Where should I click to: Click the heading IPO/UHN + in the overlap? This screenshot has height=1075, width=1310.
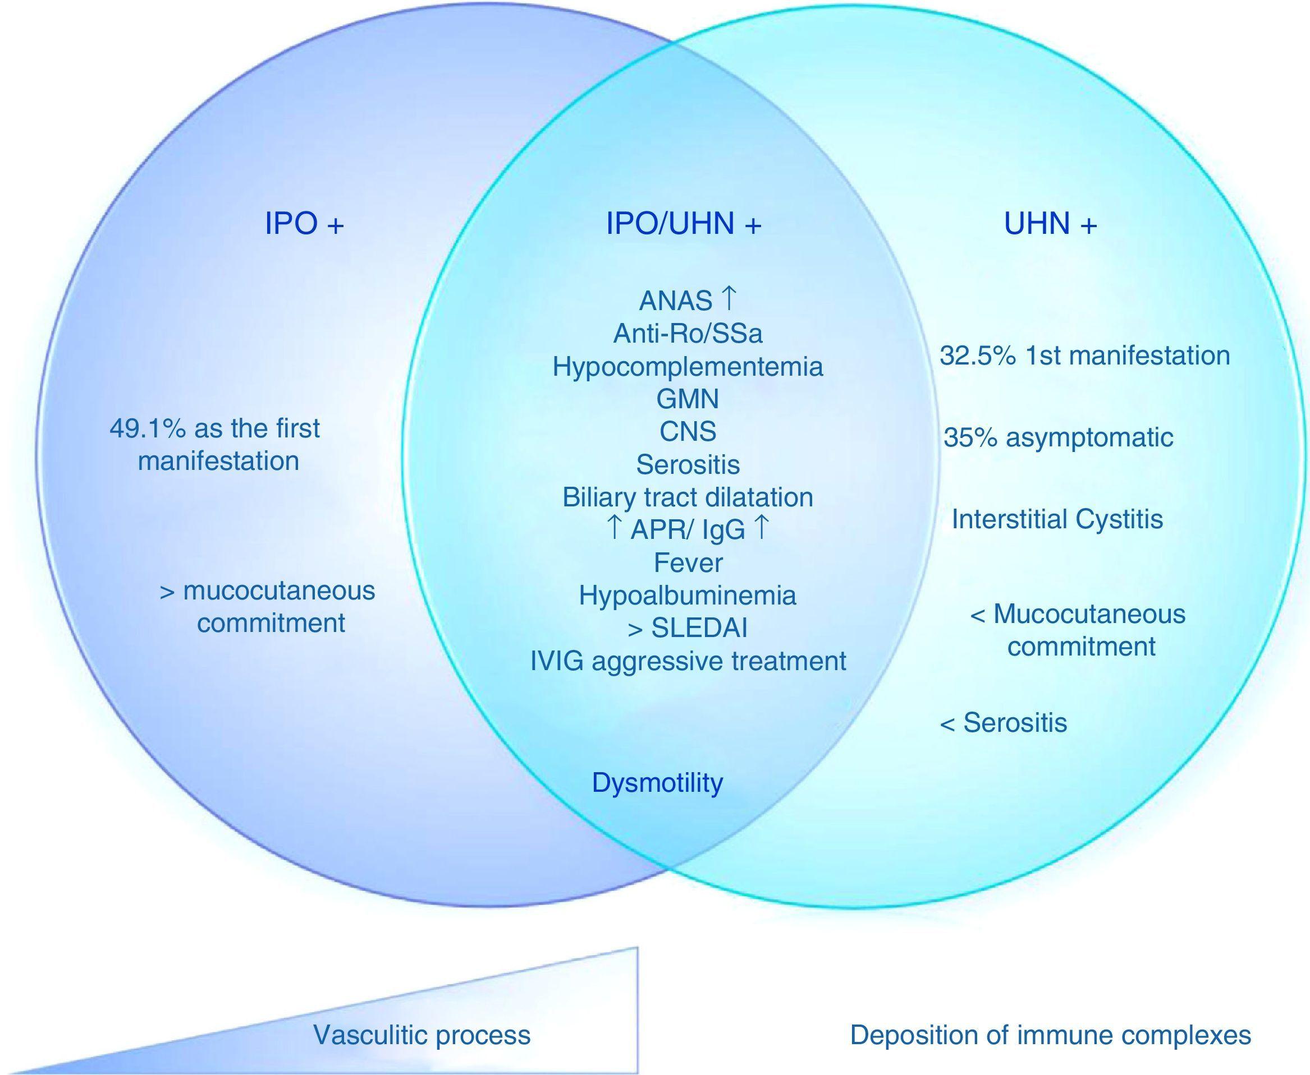[x=683, y=224]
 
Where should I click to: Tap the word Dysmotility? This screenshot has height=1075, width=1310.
[x=657, y=783]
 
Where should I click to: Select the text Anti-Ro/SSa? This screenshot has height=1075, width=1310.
[x=688, y=334]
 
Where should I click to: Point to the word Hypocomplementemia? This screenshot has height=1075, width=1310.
[x=688, y=367]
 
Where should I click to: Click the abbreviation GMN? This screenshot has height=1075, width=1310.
[x=688, y=399]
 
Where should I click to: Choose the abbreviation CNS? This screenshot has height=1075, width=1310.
[x=688, y=432]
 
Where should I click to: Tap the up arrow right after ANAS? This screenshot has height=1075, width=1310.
[x=729, y=299]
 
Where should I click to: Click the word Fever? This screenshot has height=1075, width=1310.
[x=688, y=563]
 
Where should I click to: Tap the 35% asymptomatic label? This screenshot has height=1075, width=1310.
[x=1058, y=438]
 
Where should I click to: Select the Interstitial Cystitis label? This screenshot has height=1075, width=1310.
[x=1057, y=519]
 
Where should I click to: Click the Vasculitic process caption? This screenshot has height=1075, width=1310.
[x=422, y=1035]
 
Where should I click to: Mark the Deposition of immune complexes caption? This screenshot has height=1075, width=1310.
[x=1050, y=1035]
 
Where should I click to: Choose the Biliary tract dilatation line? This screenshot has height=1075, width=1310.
[x=688, y=497]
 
